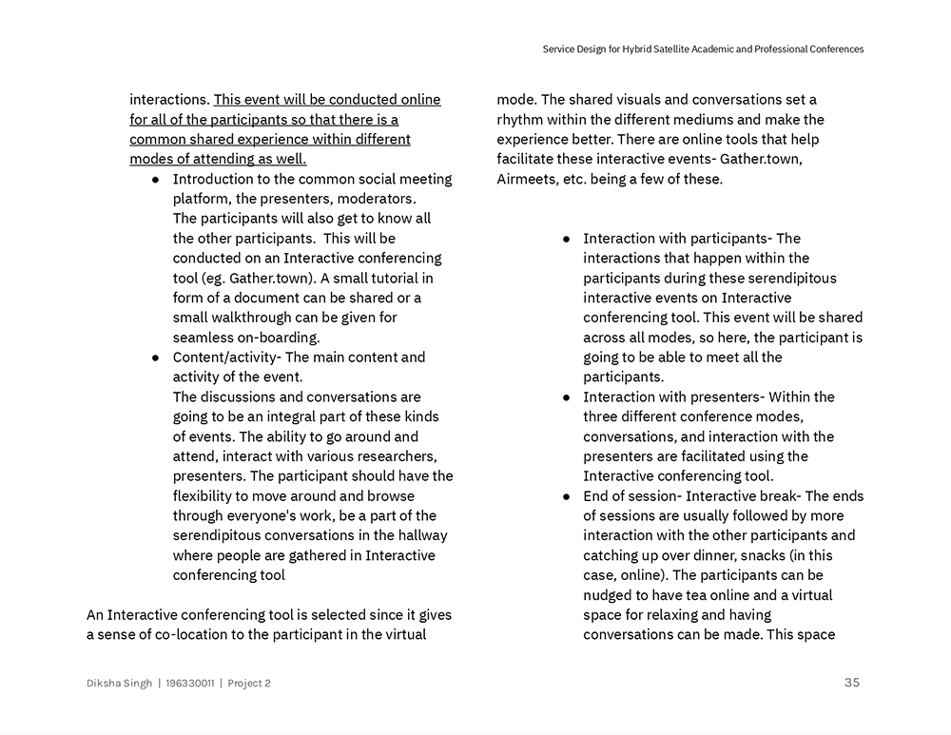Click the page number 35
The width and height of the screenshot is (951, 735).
click(851, 682)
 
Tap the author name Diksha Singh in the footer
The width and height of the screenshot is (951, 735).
click(119, 683)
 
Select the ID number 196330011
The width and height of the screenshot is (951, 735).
click(189, 683)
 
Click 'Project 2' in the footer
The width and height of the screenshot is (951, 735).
click(249, 683)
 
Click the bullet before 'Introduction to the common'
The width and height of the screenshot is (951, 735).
click(156, 180)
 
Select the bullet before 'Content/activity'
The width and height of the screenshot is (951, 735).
click(156, 358)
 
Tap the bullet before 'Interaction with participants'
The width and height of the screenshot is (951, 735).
click(567, 239)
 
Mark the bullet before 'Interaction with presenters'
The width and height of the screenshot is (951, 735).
click(567, 397)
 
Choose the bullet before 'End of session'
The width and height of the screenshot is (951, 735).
click(567, 496)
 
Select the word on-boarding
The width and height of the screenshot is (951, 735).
click(271, 338)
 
